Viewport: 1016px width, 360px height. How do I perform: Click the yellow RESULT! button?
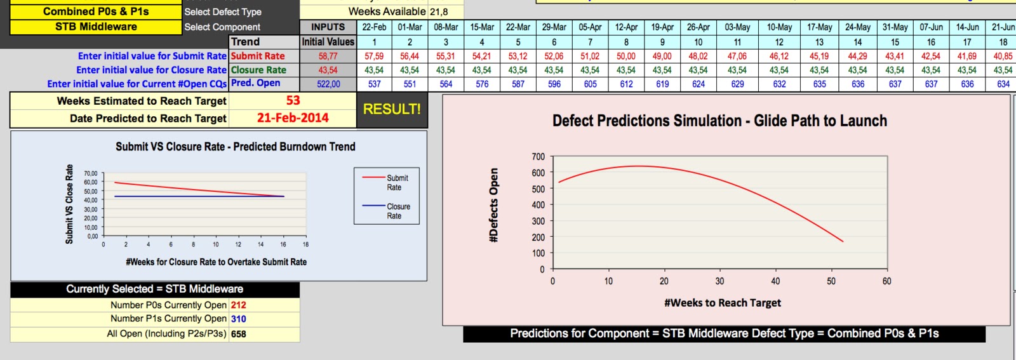click(x=392, y=109)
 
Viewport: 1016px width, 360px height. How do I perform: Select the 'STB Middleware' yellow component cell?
click(x=96, y=27)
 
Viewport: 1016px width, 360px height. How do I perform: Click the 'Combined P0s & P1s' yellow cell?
click(x=96, y=11)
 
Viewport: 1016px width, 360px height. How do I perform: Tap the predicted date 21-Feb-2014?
click(x=293, y=118)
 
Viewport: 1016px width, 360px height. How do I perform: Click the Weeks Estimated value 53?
click(x=293, y=100)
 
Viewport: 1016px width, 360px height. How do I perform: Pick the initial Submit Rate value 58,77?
click(x=328, y=56)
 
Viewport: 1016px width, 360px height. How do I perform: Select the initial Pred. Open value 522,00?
click(x=328, y=84)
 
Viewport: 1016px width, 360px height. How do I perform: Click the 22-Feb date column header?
click(x=374, y=27)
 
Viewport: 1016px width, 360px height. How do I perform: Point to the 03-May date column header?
click(x=737, y=27)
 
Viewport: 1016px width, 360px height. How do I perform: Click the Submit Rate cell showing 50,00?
click(x=626, y=56)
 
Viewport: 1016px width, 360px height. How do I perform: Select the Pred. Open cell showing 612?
click(x=626, y=84)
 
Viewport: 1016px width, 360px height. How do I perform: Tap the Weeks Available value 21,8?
click(x=439, y=11)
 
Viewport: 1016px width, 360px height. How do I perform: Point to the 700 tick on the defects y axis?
click(x=538, y=157)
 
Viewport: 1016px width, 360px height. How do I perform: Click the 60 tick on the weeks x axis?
click(x=886, y=281)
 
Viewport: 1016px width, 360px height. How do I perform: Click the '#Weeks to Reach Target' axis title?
click(x=723, y=303)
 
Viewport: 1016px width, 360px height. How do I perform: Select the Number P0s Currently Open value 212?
click(x=238, y=305)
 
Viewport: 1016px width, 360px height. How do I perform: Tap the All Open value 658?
click(x=238, y=334)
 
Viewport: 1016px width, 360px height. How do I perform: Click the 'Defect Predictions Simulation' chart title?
click(x=719, y=121)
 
